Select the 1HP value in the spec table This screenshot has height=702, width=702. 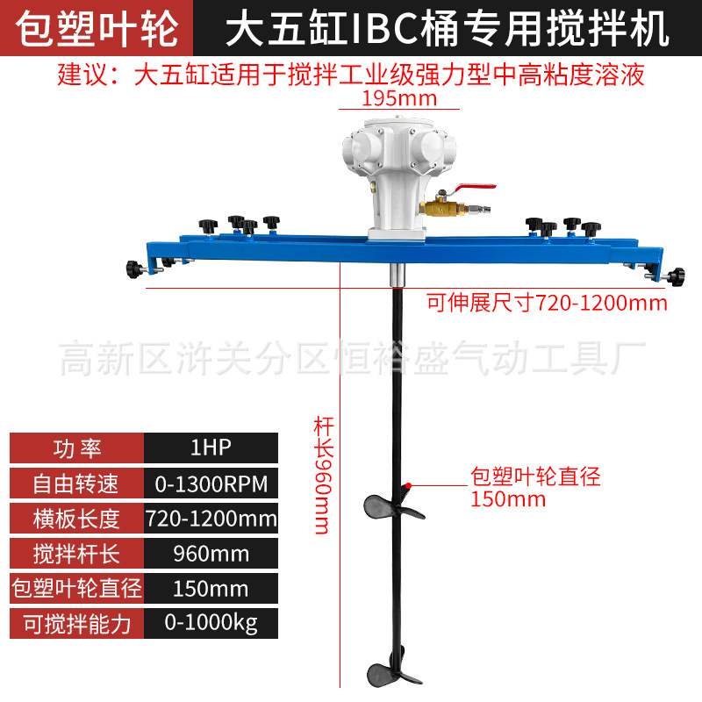pos(211,448)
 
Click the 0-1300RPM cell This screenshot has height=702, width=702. pos(211,484)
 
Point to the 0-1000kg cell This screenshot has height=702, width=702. pos(211,623)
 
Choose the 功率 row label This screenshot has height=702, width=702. pos(76,448)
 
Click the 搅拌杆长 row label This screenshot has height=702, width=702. pos(76,554)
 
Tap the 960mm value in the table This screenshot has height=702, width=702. pos(211,554)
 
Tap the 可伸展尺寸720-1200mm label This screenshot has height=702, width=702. pos(547,304)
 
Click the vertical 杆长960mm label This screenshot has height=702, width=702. pos(321,474)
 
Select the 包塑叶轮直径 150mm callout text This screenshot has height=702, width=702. pos(535,488)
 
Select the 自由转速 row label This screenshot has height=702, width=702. pos(76,484)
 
